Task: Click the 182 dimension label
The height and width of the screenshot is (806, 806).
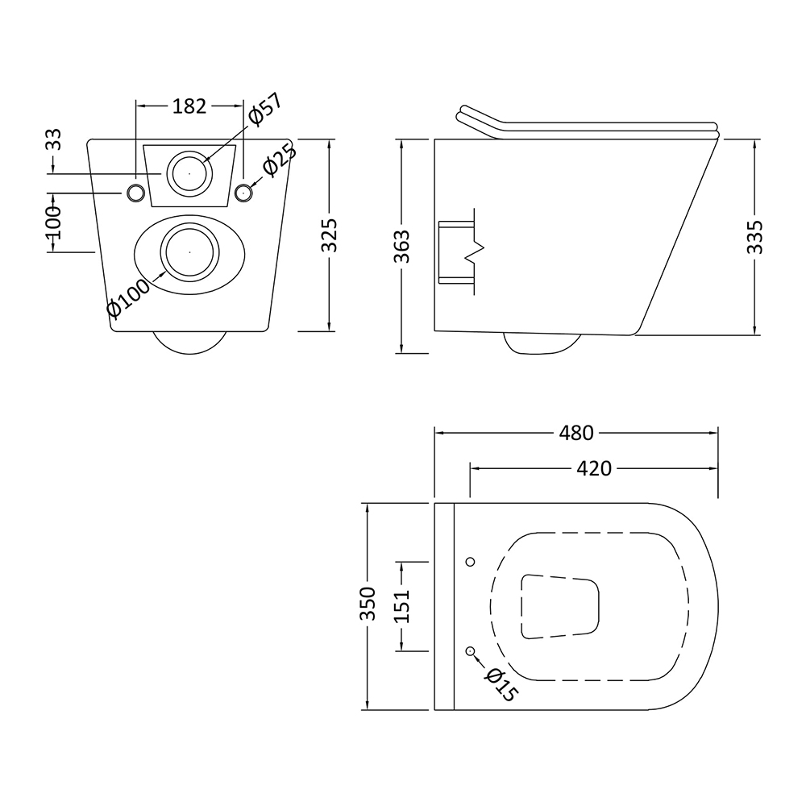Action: (x=189, y=106)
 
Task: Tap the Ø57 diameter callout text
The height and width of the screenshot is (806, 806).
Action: (x=265, y=110)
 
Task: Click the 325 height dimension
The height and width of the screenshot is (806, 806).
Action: (x=329, y=235)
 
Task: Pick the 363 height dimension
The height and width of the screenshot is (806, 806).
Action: (x=401, y=247)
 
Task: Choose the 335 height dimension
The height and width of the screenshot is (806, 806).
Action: (x=754, y=237)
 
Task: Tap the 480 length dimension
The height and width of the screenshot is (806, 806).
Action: (x=576, y=433)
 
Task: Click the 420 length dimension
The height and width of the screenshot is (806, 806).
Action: (x=594, y=468)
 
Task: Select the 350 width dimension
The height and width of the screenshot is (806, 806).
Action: (x=368, y=604)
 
